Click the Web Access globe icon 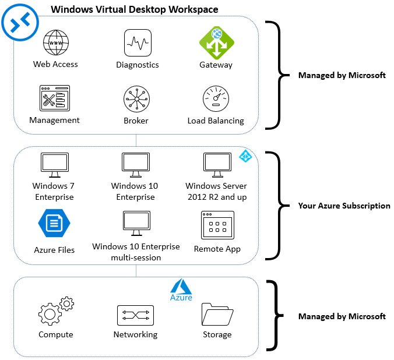(56, 43)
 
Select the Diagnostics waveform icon (138, 43)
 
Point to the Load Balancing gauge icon (216, 99)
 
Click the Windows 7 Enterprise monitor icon (54, 165)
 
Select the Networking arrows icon (135, 315)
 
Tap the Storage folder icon (217, 315)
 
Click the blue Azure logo (181, 290)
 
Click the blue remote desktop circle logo (20, 22)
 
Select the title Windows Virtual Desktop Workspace (135, 9)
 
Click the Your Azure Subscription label (344, 206)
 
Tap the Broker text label (136, 121)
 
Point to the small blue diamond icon (245, 156)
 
